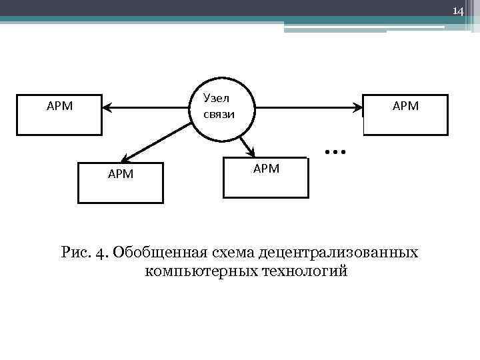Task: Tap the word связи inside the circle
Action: [x=219, y=114]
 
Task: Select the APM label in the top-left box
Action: [x=59, y=105]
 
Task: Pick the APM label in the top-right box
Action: [x=405, y=105]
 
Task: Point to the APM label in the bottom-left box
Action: [x=121, y=174]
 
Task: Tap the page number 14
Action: [x=457, y=11]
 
